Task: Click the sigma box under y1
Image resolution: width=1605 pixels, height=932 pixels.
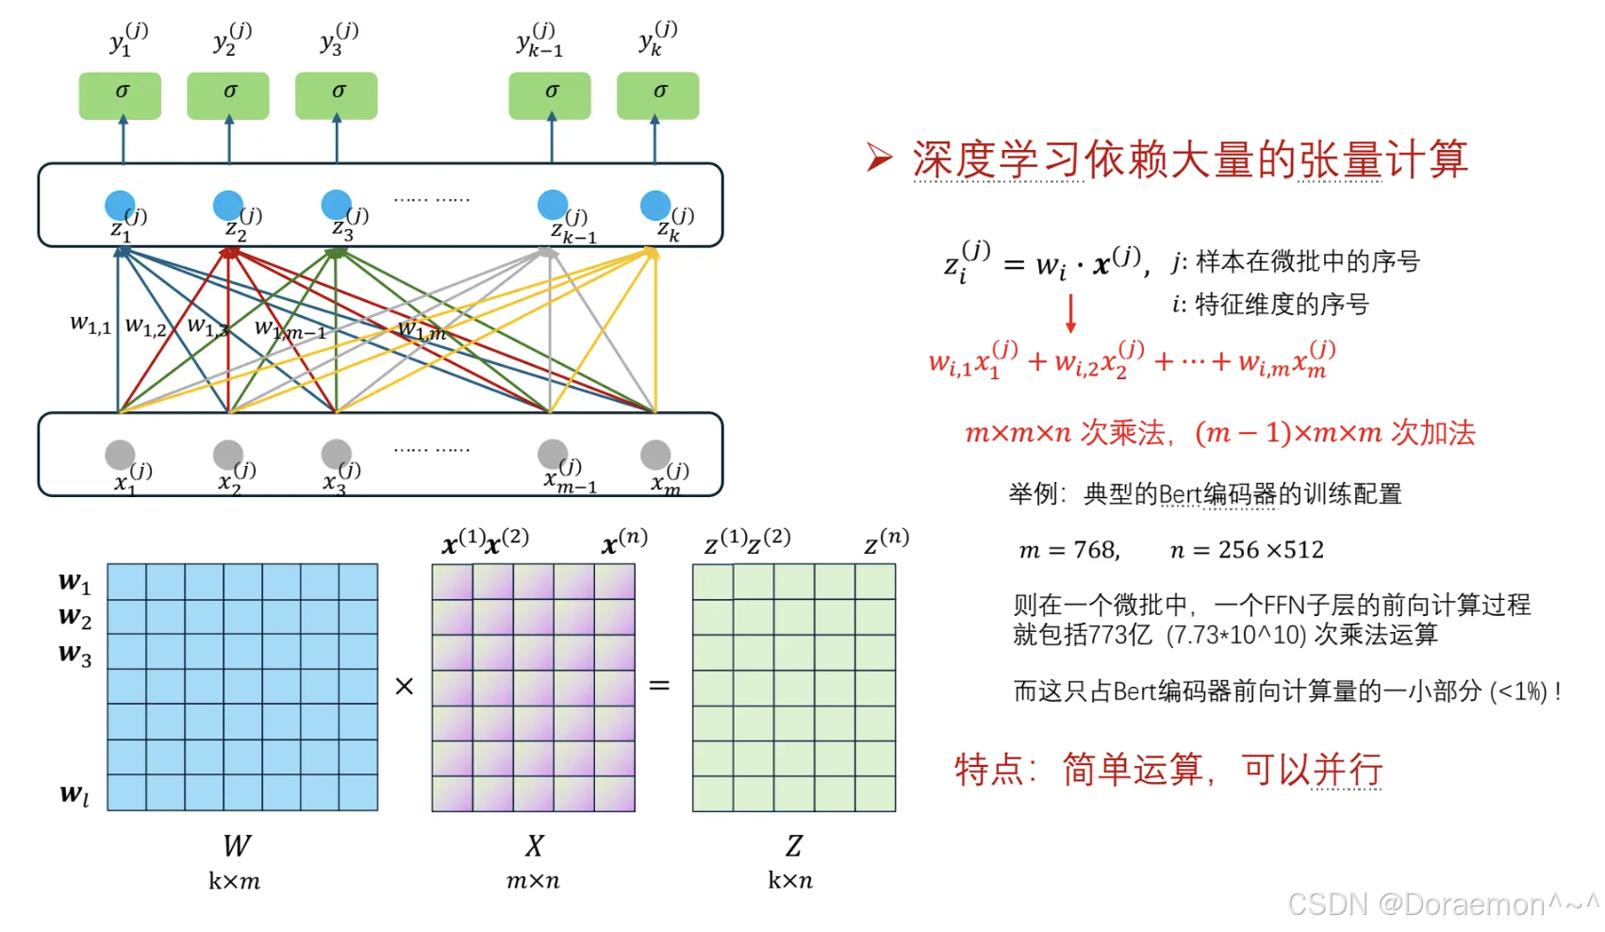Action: click(x=120, y=95)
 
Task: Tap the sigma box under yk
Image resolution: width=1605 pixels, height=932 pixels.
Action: click(x=658, y=95)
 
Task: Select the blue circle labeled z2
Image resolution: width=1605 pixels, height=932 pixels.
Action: click(x=227, y=206)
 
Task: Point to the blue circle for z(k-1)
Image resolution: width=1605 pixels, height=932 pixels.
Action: click(x=553, y=205)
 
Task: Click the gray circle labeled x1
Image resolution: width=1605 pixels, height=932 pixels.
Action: click(x=120, y=456)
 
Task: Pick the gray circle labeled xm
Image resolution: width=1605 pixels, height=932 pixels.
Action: click(x=655, y=456)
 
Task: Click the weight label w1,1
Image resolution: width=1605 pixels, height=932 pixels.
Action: click(x=91, y=325)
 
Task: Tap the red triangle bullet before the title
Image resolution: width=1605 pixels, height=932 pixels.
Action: click(x=879, y=158)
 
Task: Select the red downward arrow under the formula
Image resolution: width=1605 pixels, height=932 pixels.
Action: click(x=1070, y=313)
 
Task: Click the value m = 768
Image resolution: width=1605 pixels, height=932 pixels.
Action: click(x=1069, y=550)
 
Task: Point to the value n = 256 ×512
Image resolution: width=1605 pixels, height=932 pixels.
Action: click(x=1247, y=550)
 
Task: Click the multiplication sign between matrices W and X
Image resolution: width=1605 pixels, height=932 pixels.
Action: click(x=405, y=686)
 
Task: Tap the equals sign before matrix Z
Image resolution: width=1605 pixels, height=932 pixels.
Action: click(x=659, y=686)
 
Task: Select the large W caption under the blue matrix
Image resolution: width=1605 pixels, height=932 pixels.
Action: click(x=237, y=845)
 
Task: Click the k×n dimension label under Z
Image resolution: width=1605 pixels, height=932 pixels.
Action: click(x=790, y=881)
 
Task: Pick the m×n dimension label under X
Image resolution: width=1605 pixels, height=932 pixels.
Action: click(x=533, y=881)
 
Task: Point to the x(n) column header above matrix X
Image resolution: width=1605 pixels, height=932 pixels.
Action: click(x=624, y=541)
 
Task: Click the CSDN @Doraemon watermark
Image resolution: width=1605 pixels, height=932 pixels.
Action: click(x=1443, y=905)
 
